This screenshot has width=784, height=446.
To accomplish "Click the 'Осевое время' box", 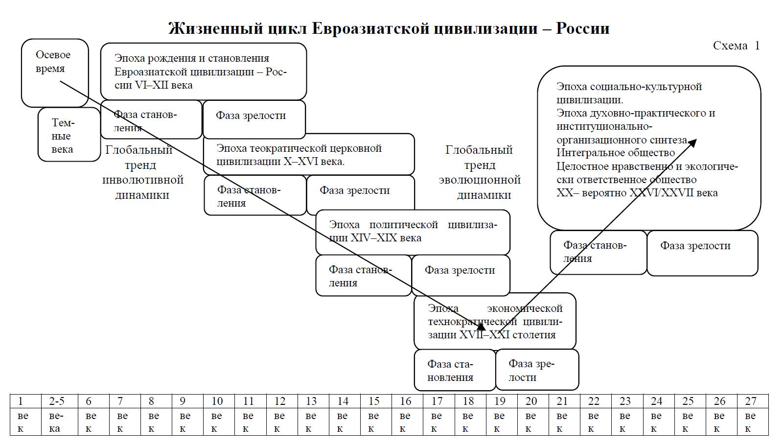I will (x=54, y=72).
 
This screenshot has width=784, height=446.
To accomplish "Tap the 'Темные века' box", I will (x=69, y=135).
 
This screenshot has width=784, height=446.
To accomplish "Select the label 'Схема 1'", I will (x=736, y=46).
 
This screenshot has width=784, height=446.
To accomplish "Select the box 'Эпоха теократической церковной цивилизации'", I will (x=308, y=155).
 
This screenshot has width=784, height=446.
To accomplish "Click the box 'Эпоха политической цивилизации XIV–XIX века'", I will (x=413, y=232).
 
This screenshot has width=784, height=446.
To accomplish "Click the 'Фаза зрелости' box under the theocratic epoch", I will (x=360, y=194).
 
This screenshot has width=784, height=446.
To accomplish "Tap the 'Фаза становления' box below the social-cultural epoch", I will (x=598, y=252).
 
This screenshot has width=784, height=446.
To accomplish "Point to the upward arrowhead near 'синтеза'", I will (x=693, y=142).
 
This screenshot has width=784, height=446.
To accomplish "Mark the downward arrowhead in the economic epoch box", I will (x=481, y=327).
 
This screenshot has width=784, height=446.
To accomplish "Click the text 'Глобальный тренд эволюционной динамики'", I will (x=480, y=172).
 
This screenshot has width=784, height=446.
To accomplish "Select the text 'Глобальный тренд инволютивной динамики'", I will (x=142, y=172).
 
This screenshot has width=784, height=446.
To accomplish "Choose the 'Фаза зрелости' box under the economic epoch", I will (x=536, y=371).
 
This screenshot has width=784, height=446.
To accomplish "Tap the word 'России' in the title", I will (x=582, y=28).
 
